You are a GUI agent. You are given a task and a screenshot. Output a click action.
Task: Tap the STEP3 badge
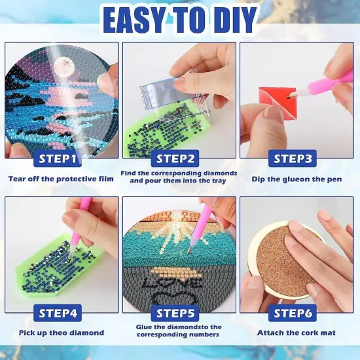coord(295,158)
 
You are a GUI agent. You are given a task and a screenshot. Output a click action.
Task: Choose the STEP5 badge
coord(178,313)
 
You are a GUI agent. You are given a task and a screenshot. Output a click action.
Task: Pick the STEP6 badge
coord(295,313)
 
